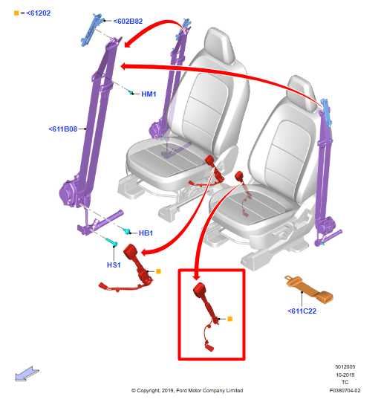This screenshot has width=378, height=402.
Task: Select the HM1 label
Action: (x=149, y=94)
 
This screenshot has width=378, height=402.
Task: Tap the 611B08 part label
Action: (x=63, y=129)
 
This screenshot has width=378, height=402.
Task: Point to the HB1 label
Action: (x=146, y=233)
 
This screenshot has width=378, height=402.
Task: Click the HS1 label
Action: (x=114, y=265)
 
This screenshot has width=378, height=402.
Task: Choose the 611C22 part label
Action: (x=302, y=311)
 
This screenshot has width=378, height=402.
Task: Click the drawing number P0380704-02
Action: (x=345, y=390)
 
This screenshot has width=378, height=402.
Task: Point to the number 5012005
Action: (x=345, y=367)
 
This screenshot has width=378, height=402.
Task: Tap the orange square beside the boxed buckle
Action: (x=230, y=319)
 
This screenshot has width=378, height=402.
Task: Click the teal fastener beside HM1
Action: (x=131, y=92)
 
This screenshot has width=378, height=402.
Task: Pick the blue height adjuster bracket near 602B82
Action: (x=95, y=29)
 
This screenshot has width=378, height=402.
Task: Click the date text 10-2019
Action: (x=345, y=375)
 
